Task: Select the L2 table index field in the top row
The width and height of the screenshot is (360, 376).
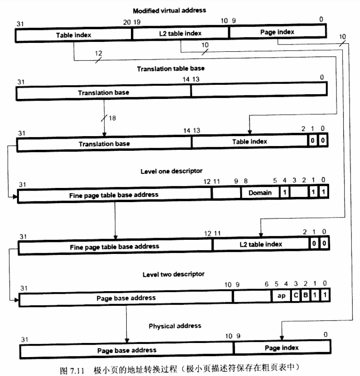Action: (x=180, y=33)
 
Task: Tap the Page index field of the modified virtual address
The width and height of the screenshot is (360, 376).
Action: (x=277, y=32)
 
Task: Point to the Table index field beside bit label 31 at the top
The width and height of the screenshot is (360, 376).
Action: (x=73, y=35)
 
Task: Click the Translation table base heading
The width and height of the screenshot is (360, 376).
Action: (x=170, y=69)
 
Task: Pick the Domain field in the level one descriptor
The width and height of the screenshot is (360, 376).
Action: (x=260, y=193)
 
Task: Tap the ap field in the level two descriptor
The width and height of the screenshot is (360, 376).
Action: (x=281, y=295)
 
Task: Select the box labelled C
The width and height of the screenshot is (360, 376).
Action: (x=296, y=295)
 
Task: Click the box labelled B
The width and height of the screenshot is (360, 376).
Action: (x=305, y=295)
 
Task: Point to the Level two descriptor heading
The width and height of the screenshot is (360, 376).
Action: (x=173, y=274)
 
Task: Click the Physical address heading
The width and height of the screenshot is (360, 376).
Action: (x=175, y=326)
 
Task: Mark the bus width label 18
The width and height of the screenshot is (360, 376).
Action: (x=112, y=117)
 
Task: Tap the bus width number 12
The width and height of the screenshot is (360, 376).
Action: (x=98, y=53)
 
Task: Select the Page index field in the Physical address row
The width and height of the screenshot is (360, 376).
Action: (x=281, y=348)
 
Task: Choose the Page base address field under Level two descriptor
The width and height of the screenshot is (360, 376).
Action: (x=126, y=298)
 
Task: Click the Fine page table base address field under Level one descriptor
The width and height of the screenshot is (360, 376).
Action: (x=114, y=195)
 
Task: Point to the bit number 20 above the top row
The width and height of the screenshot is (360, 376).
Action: (x=128, y=22)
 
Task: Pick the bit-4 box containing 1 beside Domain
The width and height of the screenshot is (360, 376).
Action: (x=284, y=193)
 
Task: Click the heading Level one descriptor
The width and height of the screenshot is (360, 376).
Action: (x=171, y=171)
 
